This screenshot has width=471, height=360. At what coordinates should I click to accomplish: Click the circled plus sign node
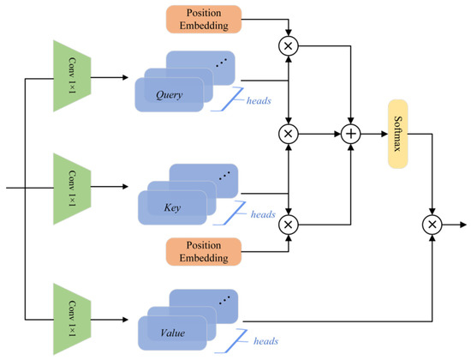pyautogui.click(x=350, y=135)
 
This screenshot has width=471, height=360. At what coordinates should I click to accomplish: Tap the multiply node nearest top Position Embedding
pyautogui.click(x=289, y=43)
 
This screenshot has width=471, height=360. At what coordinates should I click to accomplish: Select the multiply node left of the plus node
pyautogui.click(x=289, y=135)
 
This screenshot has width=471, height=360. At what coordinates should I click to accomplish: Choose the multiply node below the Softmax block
pyautogui.click(x=433, y=225)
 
